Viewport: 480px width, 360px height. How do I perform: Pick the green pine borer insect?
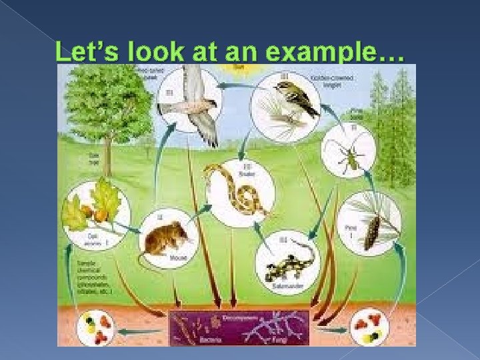point(349,160)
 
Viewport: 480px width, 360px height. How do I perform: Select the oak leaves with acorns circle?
point(93,210)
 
